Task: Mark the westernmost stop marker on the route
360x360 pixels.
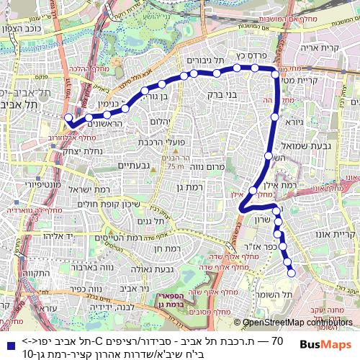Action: point(68,117)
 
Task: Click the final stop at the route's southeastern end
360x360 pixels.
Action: point(292,273)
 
